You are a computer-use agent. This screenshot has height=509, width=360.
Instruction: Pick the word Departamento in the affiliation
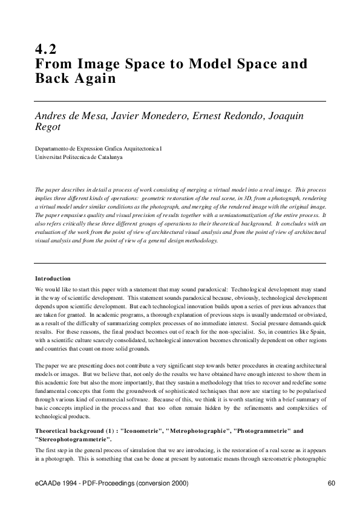pyautogui.click(x=53, y=148)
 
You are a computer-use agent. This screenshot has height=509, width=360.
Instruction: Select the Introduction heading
pyautogui.click(x=53, y=279)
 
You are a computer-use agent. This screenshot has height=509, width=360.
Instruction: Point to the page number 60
pyautogui.click(x=331, y=484)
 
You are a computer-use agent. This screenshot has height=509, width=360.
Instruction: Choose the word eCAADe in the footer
pyautogui.click(x=48, y=484)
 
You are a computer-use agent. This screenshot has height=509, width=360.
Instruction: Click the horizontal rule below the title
pyautogui.click(x=180, y=101)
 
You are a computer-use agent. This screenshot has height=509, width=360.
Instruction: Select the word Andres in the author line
pyautogui.click(x=53, y=115)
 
